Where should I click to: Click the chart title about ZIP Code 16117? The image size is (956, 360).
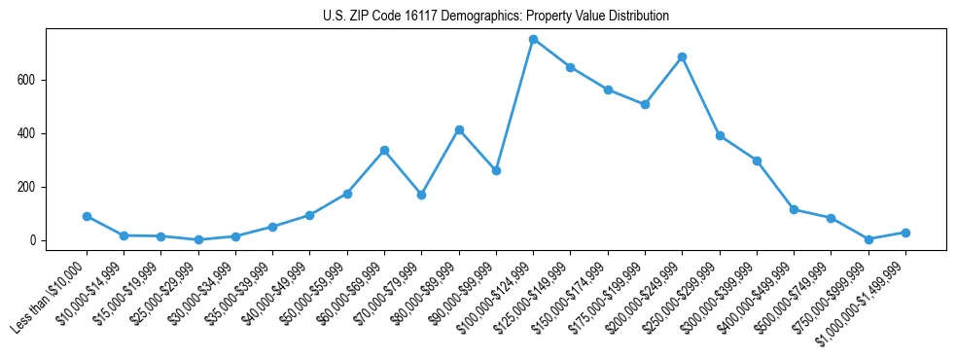496,17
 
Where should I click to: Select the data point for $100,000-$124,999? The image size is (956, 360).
533,39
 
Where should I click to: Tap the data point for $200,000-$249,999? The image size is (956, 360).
682,56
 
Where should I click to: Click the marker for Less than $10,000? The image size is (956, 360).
87,216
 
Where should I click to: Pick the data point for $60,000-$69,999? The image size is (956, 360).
384,150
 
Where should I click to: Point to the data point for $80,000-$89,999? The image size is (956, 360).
459,129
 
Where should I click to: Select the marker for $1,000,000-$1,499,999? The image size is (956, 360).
905,233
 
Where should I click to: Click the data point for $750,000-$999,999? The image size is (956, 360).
868,239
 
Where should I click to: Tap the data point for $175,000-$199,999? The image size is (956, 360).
645,104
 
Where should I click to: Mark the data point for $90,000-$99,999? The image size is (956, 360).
496,170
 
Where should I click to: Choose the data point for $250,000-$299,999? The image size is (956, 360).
720,135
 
